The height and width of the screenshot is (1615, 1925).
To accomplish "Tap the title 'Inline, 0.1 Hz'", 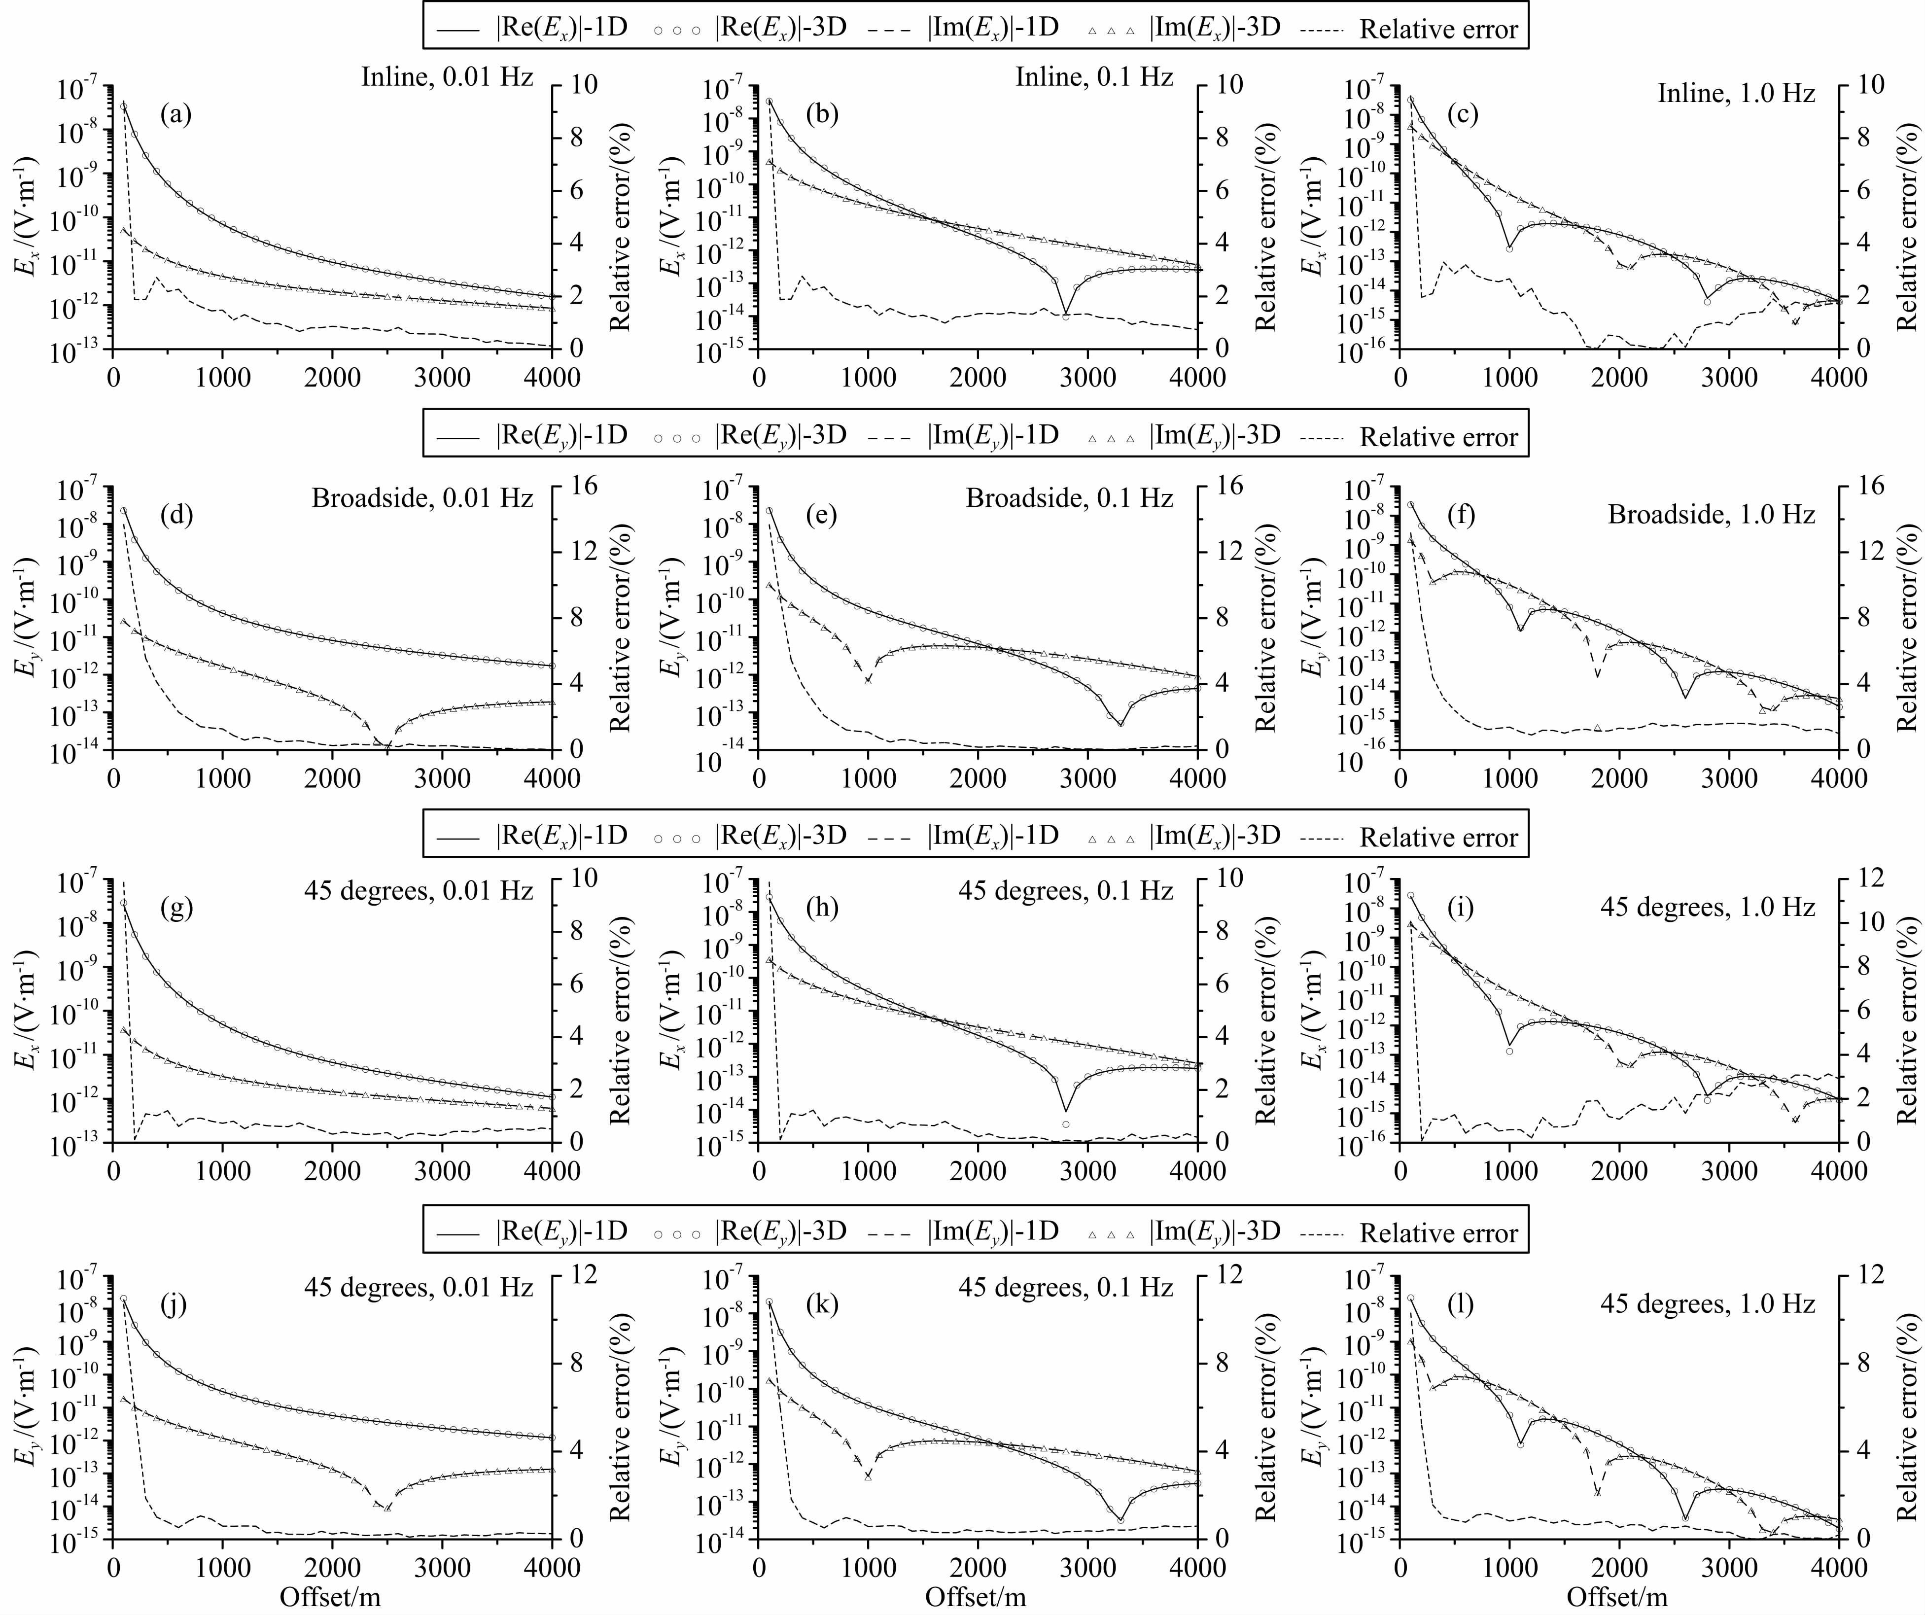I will pos(1093,77).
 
